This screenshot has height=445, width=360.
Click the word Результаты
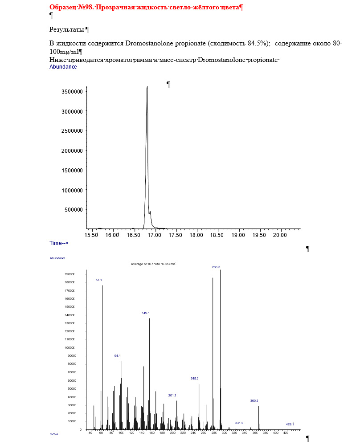coord(67,30)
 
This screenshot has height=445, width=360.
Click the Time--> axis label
coord(58,243)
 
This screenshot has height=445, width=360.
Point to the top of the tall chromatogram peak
coord(147,87)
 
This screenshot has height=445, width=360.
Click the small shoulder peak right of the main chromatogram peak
coord(151,212)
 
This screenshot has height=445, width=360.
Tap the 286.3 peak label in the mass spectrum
coord(216,267)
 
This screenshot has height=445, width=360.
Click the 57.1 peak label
coord(99,280)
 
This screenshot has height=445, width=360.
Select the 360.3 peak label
coord(254,400)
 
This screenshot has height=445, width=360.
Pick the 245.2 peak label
coord(194,378)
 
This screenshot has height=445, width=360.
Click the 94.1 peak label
coord(118,356)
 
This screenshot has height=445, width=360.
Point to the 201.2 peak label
coord(172,395)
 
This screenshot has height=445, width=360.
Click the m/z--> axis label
coord(54,434)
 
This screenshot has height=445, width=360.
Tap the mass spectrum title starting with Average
coord(153,264)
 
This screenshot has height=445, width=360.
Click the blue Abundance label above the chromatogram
coord(63,67)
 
